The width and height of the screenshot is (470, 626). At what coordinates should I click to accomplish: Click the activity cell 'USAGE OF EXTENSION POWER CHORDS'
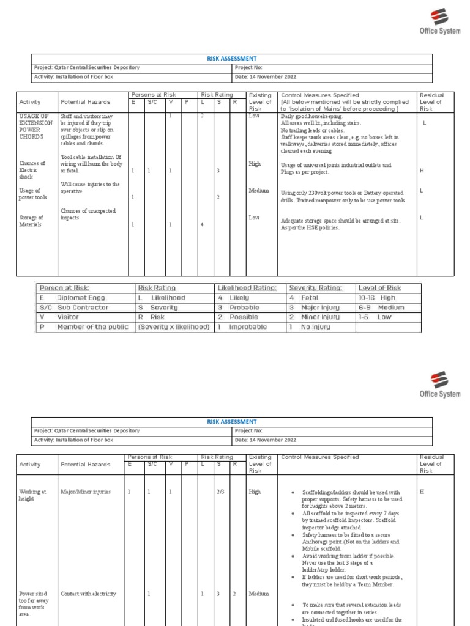point(32,127)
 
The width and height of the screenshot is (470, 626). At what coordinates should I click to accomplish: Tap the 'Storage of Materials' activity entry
point(32,221)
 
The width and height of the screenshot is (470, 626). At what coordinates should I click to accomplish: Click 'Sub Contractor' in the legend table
point(83,307)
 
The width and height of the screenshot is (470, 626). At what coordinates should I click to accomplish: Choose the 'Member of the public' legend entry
point(92,327)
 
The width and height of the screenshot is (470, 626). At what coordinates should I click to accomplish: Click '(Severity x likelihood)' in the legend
point(174,327)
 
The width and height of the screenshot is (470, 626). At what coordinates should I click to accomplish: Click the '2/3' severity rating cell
point(221,492)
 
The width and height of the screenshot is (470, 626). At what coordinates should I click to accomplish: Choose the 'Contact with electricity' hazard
point(88,594)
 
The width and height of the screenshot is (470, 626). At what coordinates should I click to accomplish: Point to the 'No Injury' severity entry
point(315,327)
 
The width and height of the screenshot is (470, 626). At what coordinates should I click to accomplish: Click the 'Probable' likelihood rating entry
point(244,307)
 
